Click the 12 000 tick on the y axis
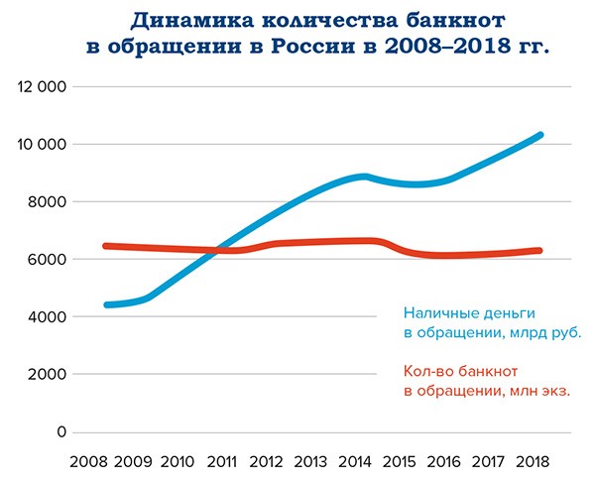42,87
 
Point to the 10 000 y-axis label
42,145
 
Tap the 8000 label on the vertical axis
46,202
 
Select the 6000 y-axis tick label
46,260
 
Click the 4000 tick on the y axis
46,317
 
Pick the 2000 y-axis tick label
46,375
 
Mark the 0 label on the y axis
60,432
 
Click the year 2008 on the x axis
89,463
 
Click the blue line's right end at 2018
539,135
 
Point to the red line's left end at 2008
106,246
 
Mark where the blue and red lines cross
216,250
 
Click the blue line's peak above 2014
365,177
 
